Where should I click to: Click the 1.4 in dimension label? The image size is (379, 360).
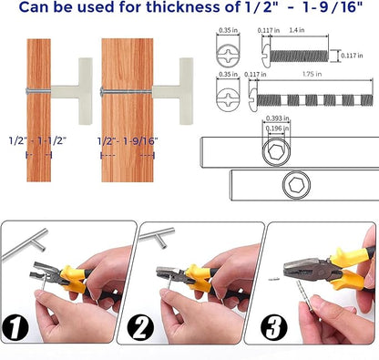pyautogui.click(x=297, y=30)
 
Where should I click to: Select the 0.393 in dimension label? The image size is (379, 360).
pyautogui.click(x=277, y=118)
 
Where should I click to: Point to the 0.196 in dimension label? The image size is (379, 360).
pyautogui.click(x=277, y=129)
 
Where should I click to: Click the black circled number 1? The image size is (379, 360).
pyautogui.click(x=15, y=327)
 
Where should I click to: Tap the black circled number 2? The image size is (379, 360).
pyautogui.click(x=140, y=327)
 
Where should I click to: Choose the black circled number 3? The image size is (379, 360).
pyautogui.click(x=273, y=327)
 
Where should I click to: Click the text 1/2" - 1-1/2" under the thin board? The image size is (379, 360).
pyautogui.click(x=37, y=140)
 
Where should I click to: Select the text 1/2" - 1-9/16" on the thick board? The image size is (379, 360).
pyautogui.click(x=128, y=141)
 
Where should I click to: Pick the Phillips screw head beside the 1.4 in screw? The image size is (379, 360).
pyautogui.click(x=228, y=56)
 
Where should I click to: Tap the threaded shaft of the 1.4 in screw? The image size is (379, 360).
pyautogui.click(x=299, y=56)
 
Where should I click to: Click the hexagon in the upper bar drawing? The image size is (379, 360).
pyautogui.click(x=276, y=151)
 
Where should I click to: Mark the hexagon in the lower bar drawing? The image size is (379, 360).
pyautogui.click(x=296, y=185)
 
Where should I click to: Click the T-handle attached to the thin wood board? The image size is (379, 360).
pyautogui.click(x=71, y=91)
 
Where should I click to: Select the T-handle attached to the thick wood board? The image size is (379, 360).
pyautogui.click(x=173, y=91)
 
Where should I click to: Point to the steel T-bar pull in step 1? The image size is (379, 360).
pyautogui.click(x=26, y=245)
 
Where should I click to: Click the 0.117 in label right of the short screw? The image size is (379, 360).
pyautogui.click(x=352, y=56)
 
